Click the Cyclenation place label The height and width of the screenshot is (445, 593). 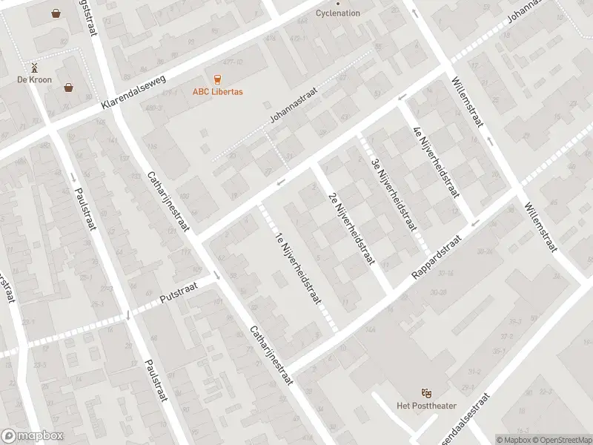[337, 13]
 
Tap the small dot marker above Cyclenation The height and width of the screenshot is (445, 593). [338, 3]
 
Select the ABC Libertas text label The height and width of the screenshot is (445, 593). [218, 91]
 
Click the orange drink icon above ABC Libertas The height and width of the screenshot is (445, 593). [218, 79]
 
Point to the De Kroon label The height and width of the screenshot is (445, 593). [33, 79]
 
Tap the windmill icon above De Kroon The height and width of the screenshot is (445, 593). [33, 67]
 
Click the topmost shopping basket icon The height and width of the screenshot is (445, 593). [56, 13]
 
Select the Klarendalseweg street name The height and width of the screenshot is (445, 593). [136, 95]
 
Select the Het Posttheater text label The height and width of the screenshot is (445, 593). [425, 404]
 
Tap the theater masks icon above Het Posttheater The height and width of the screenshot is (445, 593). [425, 392]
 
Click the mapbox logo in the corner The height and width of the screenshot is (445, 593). [30, 436]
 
